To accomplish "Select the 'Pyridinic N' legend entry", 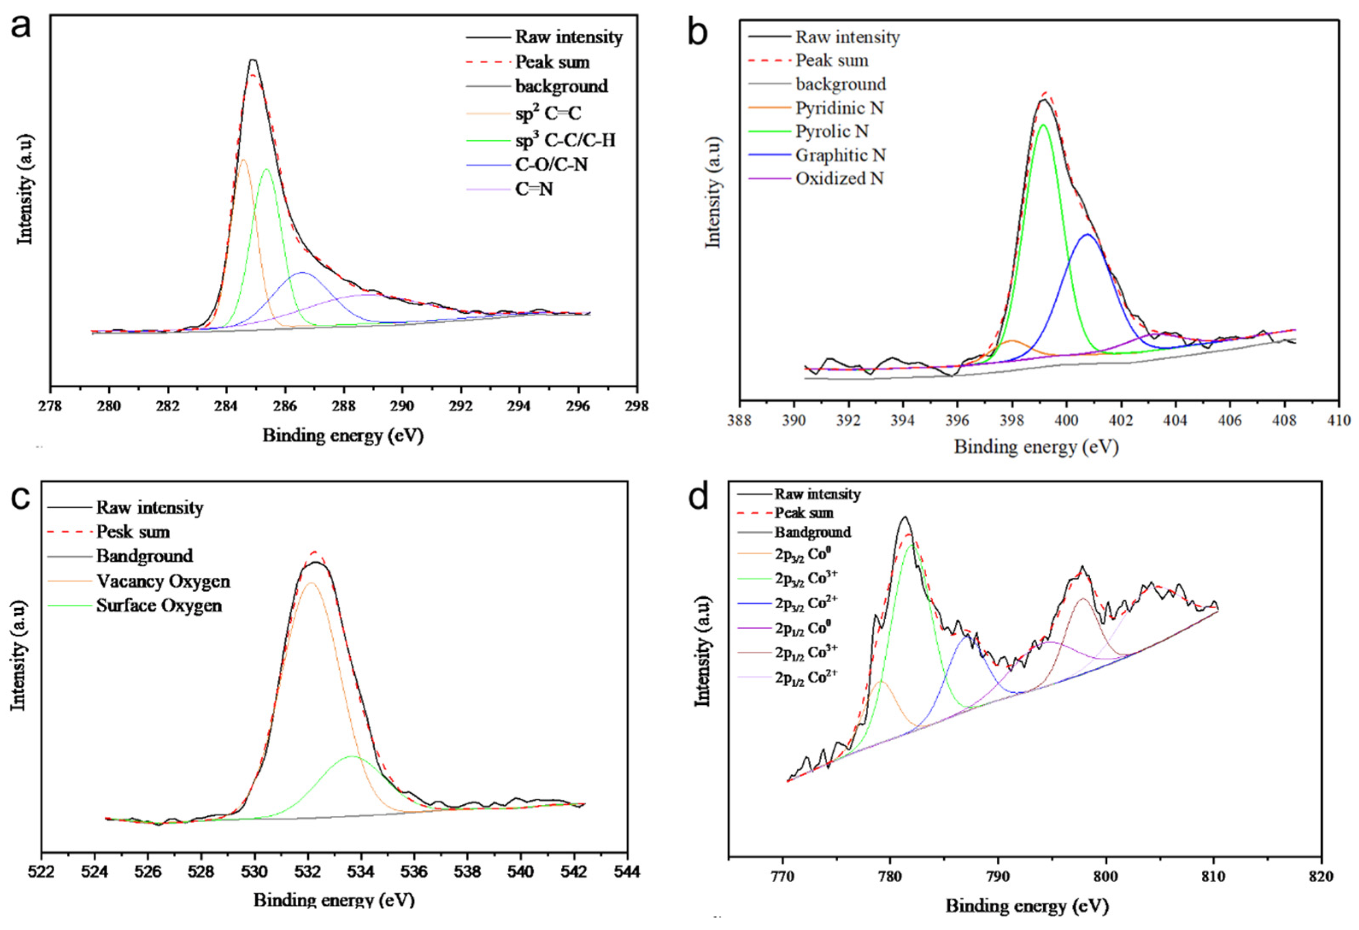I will pos(839,108).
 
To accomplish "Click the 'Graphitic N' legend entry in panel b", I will pos(840,155).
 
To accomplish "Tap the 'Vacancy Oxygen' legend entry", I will pos(163,581).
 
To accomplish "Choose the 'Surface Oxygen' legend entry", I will pos(159,605).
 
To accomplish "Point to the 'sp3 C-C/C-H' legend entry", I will pos(565,140).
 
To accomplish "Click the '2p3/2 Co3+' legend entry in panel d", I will pos(806,578).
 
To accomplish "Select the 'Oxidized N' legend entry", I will pos(839,178).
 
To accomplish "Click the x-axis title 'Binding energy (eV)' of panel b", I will pos(1036,447).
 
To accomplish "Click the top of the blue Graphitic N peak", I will pos(1087,235).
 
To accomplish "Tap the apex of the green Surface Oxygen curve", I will pos(352,756).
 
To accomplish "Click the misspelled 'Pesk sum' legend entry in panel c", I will pos(133,532).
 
